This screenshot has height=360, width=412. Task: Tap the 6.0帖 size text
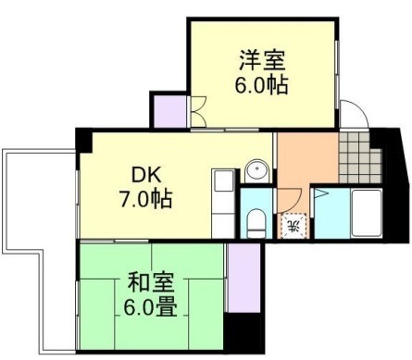261,86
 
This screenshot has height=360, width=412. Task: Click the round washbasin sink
256,171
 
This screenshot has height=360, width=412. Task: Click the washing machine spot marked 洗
291,225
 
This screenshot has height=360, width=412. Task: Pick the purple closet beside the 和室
242,278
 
